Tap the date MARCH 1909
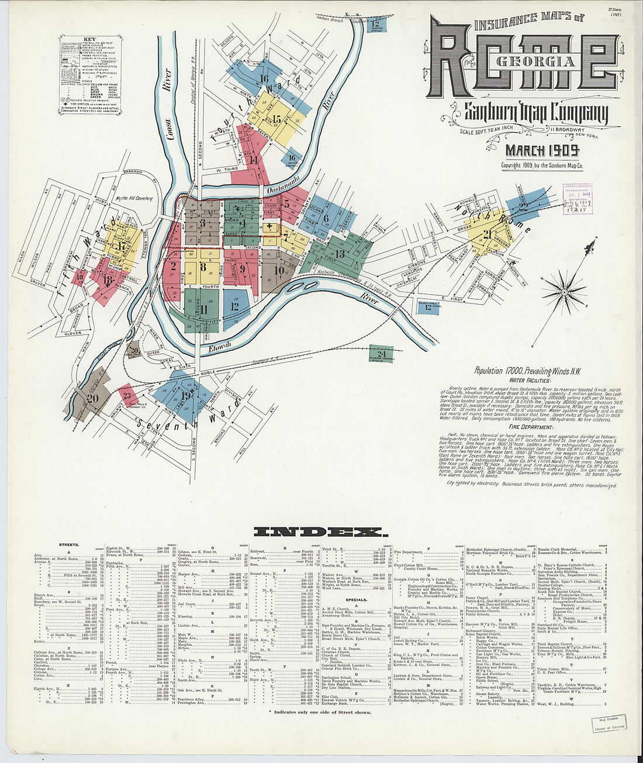tap(542, 150)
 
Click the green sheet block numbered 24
tap(381, 354)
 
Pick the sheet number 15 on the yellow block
tap(276, 119)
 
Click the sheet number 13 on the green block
tap(340, 253)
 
